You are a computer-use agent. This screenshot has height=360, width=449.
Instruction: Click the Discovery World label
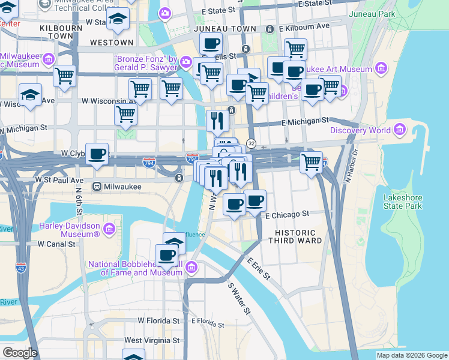pyautogui.click(x=358, y=130)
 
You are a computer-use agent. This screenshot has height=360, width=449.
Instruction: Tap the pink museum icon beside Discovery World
pyautogui.click(x=399, y=130)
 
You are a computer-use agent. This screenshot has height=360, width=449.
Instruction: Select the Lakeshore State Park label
pyautogui.click(x=403, y=202)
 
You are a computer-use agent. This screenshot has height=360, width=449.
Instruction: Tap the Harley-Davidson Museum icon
pyautogui.click(x=109, y=229)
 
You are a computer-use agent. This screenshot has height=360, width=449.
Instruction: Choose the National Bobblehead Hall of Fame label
pyautogui.click(x=135, y=268)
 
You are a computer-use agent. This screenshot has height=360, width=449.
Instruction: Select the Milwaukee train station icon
pyautogui.click(x=96, y=187)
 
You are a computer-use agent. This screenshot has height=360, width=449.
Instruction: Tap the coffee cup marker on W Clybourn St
pyautogui.click(x=97, y=154)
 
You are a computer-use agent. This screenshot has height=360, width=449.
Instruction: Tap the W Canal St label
pyautogui.click(x=56, y=244)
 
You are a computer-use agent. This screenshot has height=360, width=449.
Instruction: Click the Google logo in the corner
pyautogui.click(x=20, y=352)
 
